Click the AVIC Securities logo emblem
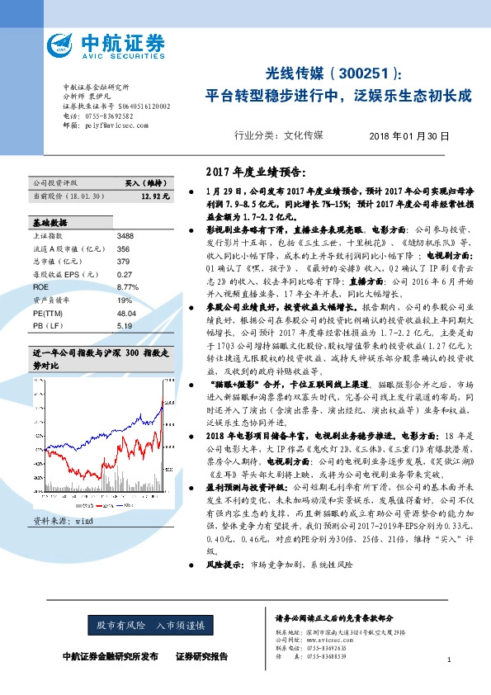(64, 45)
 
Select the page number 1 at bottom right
(448, 660)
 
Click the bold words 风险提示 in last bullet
(228, 565)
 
